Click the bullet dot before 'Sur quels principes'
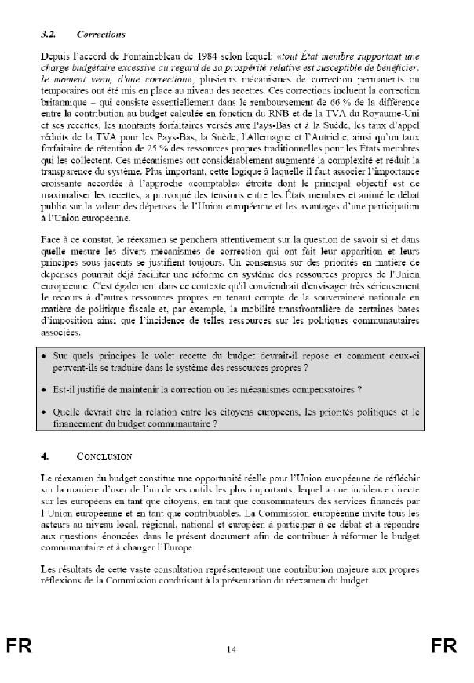click(x=46, y=357)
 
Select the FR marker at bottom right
click(x=443, y=645)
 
